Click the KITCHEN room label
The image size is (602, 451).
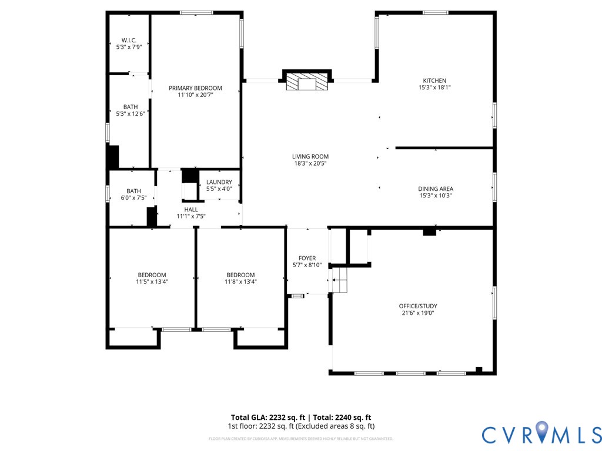[x=434, y=80]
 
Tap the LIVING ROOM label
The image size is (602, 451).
[x=310, y=157]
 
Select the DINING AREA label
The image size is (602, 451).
[x=435, y=189]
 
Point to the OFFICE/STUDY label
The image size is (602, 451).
[x=418, y=306]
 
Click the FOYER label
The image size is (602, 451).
[x=307, y=258]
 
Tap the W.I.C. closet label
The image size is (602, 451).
[x=129, y=40]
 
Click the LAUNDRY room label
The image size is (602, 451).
[x=219, y=182]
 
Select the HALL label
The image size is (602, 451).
[x=191, y=209]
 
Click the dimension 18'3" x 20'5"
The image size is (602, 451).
[x=310, y=164]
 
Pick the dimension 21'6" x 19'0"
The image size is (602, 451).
[x=418, y=313]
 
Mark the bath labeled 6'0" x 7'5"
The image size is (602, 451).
[x=133, y=194]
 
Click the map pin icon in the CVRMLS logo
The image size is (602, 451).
[x=540, y=433]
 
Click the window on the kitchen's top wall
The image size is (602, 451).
[x=435, y=13]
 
